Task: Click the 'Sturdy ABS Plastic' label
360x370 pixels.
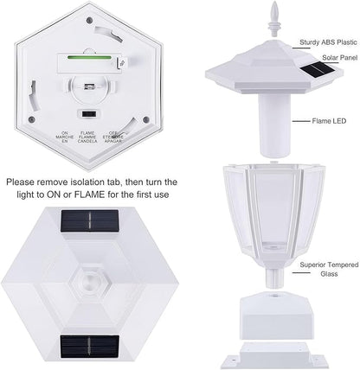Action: tap(328, 42)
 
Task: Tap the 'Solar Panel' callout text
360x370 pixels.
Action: tap(340, 58)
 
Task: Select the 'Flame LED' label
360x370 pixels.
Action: tap(329, 121)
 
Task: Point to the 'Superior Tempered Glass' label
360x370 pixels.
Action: tap(329, 269)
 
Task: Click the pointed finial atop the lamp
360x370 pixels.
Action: tap(274, 19)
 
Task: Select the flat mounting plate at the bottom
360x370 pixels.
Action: tap(275, 355)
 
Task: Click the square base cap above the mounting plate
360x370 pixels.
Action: tap(275, 316)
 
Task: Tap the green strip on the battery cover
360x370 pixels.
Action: tap(89, 57)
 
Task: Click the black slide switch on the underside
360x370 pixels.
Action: tap(89, 114)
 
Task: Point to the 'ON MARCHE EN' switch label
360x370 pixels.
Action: tap(65, 137)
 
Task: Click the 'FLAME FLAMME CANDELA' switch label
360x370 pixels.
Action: tap(87, 137)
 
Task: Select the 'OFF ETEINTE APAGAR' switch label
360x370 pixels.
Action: tap(112, 137)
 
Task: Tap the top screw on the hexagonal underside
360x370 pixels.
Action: tap(89, 20)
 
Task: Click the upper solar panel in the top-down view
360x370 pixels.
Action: tap(89, 220)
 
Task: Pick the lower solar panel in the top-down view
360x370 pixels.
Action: tap(89, 347)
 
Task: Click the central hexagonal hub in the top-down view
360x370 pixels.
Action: tap(89, 281)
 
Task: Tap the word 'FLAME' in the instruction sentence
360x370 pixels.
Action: tap(89, 195)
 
